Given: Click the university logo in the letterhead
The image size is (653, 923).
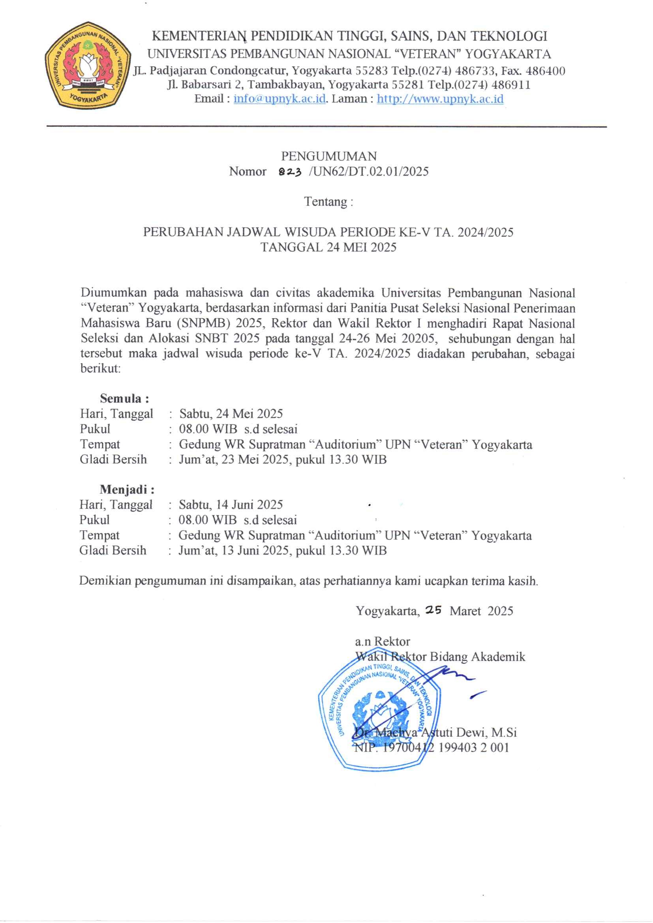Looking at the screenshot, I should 88,65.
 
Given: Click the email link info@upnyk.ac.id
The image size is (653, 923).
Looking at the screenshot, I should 280,99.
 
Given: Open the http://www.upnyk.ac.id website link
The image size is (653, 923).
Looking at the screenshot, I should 440,99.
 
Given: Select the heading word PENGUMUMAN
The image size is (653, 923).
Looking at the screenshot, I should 328,156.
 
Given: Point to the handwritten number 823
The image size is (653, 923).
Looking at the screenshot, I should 290,172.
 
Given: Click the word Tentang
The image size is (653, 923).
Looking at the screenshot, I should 325,201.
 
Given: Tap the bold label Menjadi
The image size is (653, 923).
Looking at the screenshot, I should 127,489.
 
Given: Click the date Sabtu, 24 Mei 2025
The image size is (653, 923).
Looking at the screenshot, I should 231,414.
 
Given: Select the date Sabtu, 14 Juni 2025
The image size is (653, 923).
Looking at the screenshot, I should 231,505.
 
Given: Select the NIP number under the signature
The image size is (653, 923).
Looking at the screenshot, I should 432,748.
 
